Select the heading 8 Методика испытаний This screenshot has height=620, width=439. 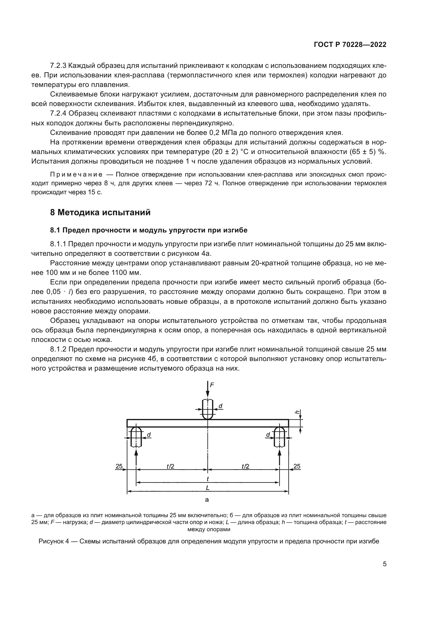click(x=100, y=213)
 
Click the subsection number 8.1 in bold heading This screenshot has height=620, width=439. click(x=55, y=230)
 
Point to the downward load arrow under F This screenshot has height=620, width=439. click(x=207, y=390)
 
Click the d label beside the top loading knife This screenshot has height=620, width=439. click(x=220, y=406)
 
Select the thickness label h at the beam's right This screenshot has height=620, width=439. click(x=297, y=412)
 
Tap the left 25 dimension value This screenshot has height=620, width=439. click(x=119, y=466)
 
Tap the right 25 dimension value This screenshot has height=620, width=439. click(x=297, y=466)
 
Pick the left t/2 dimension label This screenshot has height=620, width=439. click(x=170, y=466)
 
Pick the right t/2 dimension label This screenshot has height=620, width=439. click(x=245, y=466)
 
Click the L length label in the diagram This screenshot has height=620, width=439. click(x=207, y=488)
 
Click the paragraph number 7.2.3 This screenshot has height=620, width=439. click(x=58, y=66)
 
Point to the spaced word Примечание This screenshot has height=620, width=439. click(x=76, y=175)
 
